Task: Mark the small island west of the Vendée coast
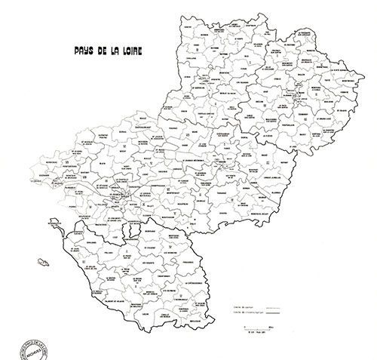41,260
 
